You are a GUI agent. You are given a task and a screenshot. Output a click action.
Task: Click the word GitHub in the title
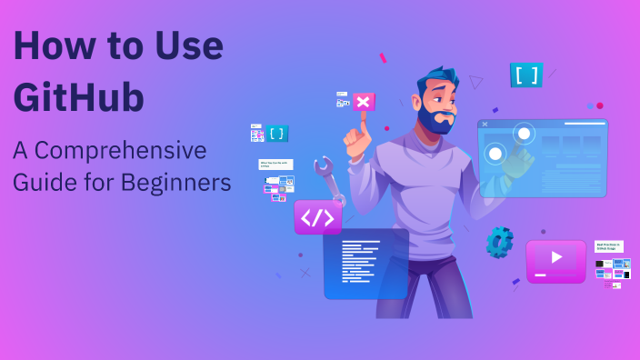[79, 95]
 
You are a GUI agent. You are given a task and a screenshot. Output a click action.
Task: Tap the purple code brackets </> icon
[317, 217]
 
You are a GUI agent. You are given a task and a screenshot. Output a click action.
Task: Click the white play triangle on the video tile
[556, 258]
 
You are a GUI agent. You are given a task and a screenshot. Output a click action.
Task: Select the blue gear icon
[499, 242]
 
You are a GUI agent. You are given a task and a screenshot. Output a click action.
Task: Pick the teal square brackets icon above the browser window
[525, 75]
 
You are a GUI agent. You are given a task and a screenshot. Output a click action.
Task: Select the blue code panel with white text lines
[365, 264]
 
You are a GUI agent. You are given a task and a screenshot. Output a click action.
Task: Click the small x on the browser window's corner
[485, 124]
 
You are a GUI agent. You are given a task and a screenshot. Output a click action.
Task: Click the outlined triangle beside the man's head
[475, 82]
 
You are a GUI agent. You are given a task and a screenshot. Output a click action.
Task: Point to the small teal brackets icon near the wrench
[277, 134]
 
